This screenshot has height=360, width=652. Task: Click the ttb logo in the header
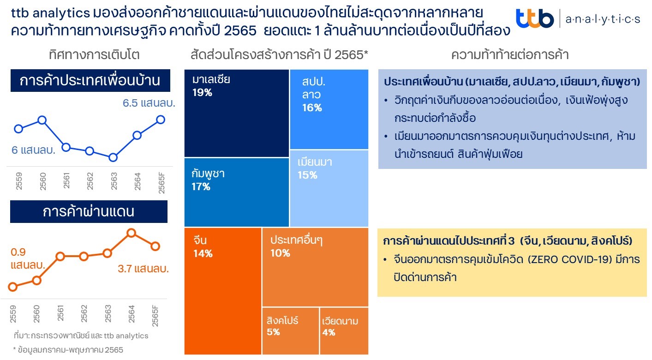click(535, 18)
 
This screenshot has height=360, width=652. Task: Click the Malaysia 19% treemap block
click(236, 113)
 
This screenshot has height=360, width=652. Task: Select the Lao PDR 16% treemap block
click(329, 109)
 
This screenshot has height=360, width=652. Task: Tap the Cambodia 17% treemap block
click(236, 192)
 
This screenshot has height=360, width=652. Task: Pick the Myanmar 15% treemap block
click(329, 188)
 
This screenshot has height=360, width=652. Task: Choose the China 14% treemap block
click(222, 291)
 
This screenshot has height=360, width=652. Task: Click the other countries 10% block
click(315, 267)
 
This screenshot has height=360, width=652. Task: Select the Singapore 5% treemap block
click(290, 331)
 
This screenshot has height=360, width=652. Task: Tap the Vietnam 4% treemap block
click(344, 331)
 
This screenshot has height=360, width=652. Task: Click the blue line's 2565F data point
click(161, 120)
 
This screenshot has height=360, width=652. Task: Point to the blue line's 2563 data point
click(114, 157)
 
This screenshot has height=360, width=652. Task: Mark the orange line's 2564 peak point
click(131, 233)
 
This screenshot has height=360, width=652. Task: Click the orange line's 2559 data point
click(13, 287)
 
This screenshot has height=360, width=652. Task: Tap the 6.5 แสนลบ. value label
click(149, 103)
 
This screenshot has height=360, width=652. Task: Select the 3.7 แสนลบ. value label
click(144, 269)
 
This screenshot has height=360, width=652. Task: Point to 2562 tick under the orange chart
click(84, 314)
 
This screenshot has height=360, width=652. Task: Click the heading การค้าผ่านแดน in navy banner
click(89, 211)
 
